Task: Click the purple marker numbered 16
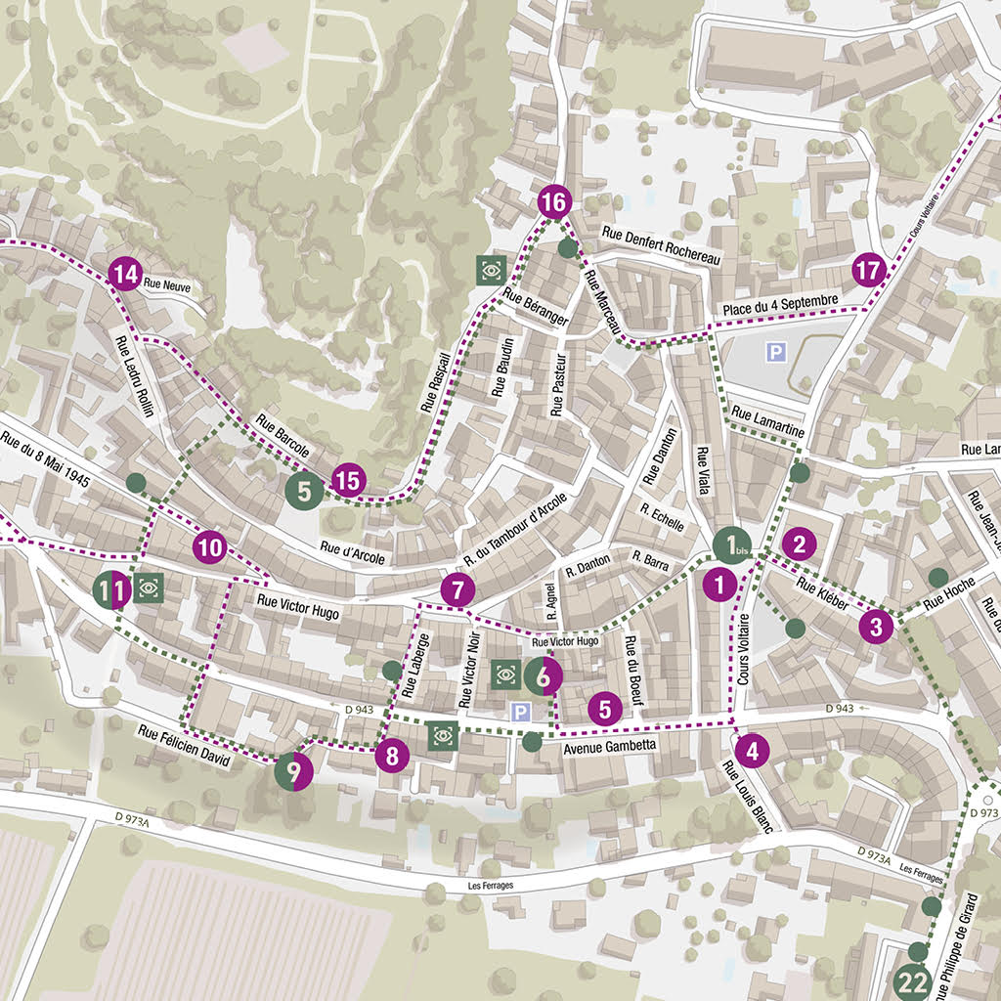coord(552,202)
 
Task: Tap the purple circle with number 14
coord(124,275)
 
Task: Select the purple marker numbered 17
coord(868,270)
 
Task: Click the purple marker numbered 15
coord(348,480)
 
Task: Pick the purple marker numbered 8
coord(392,755)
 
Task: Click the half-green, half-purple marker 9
coord(292,770)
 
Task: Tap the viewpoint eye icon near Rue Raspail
coord(490,269)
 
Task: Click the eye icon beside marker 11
coord(149,588)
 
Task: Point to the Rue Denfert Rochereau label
coord(661,246)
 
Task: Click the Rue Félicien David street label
coord(184,745)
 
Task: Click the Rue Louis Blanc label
coord(747,796)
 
